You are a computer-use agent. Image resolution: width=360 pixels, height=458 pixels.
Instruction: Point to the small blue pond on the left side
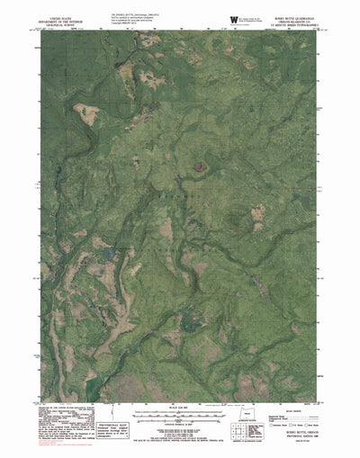(106, 255)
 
